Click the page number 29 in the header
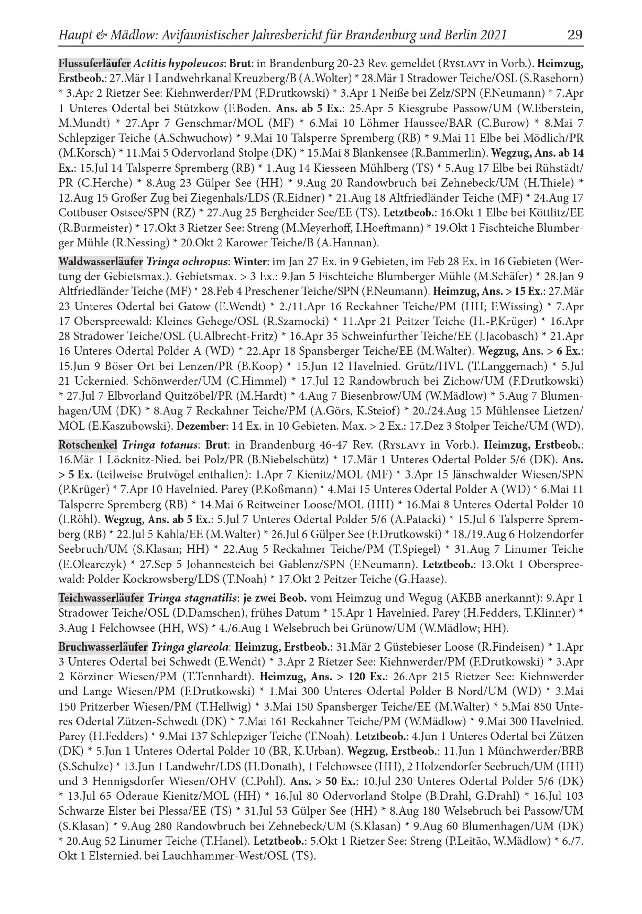[x=574, y=35]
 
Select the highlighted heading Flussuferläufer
[x=94, y=63]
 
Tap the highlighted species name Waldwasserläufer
[x=100, y=262]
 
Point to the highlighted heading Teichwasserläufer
[x=101, y=598]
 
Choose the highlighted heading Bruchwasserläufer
[x=103, y=647]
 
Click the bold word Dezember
[x=201, y=426]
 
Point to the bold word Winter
[x=250, y=262]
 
